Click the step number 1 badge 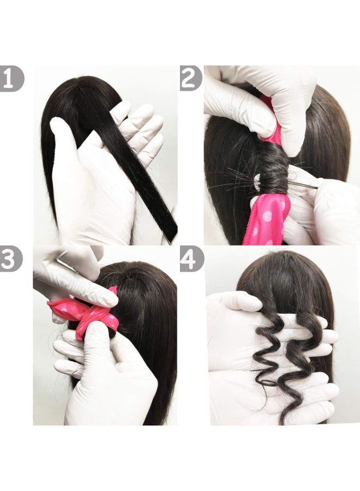11,78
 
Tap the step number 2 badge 191,78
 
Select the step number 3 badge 11,258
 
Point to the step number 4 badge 191,258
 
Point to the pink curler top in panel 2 270,117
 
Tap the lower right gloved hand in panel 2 327,213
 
